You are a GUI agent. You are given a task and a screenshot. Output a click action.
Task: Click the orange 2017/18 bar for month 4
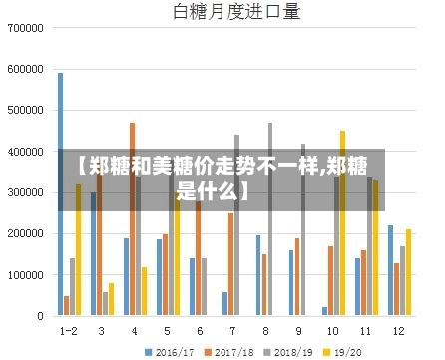pos(132,219)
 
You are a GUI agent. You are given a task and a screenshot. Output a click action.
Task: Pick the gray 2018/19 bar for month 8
pos(269,219)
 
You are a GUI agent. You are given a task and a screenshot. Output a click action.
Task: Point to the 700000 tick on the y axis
pos(25,29)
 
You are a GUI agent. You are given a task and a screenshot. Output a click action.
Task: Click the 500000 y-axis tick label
pos(25,111)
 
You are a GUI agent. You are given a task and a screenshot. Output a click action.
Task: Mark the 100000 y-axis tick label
pos(25,274)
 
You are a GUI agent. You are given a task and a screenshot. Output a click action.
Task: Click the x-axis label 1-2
pos(69,330)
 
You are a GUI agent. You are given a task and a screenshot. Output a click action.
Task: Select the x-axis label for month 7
pos(232,330)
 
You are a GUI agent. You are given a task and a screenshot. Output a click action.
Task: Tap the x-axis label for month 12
pos(398,330)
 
